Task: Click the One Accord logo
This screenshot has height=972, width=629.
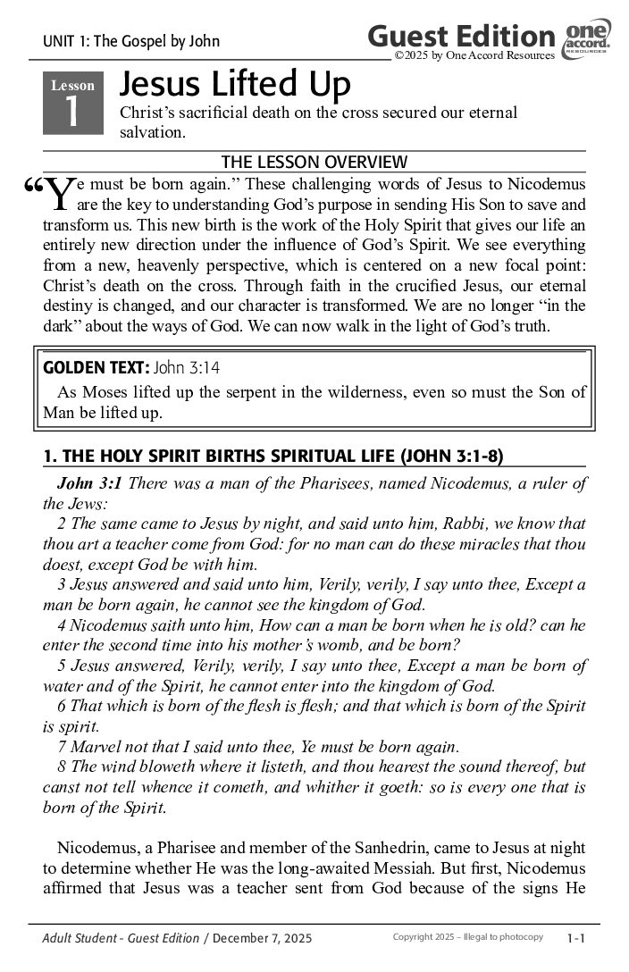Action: [587, 40]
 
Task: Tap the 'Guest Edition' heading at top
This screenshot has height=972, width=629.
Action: [461, 37]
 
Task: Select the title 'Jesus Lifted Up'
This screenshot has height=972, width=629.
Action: [235, 85]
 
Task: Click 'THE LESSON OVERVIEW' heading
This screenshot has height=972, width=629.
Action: [314, 162]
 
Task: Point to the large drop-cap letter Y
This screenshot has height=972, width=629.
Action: [58, 193]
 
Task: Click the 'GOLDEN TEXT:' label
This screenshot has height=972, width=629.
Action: [96, 367]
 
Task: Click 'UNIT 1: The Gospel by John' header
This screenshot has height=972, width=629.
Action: [130, 41]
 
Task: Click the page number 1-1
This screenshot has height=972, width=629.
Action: [575, 938]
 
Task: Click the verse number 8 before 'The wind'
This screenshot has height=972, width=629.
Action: [62, 767]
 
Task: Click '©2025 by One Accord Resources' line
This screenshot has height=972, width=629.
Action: [474, 55]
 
